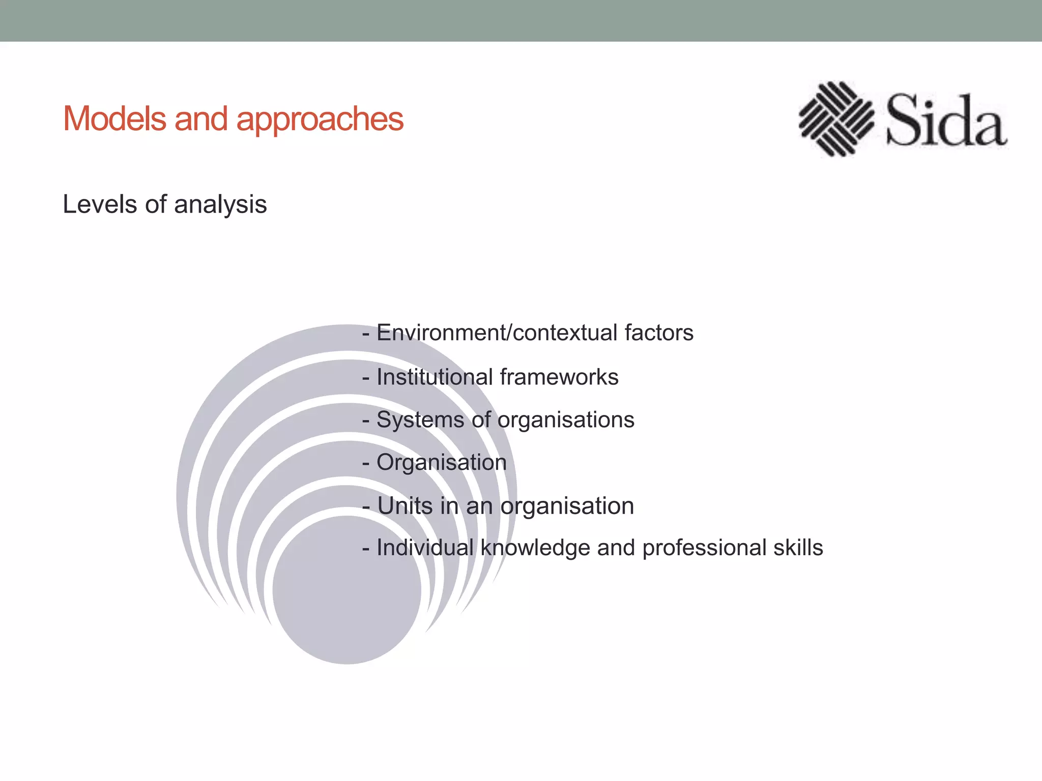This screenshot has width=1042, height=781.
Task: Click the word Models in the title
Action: pyautogui.click(x=114, y=119)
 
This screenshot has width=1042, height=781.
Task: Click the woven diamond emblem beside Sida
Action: pyautogui.click(x=836, y=118)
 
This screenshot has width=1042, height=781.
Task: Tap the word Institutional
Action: pyautogui.click(x=435, y=377)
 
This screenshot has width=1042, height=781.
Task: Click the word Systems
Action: pyautogui.click(x=420, y=420)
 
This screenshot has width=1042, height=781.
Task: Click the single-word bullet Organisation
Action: pyautogui.click(x=441, y=463)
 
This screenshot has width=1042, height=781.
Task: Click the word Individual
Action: pyautogui.click(x=425, y=548)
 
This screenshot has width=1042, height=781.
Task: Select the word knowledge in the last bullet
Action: pyautogui.click(x=535, y=548)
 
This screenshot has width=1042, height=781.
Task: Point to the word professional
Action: pyautogui.click(x=704, y=548)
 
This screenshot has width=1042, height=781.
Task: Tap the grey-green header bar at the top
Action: pyautogui.click(x=521, y=20)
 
